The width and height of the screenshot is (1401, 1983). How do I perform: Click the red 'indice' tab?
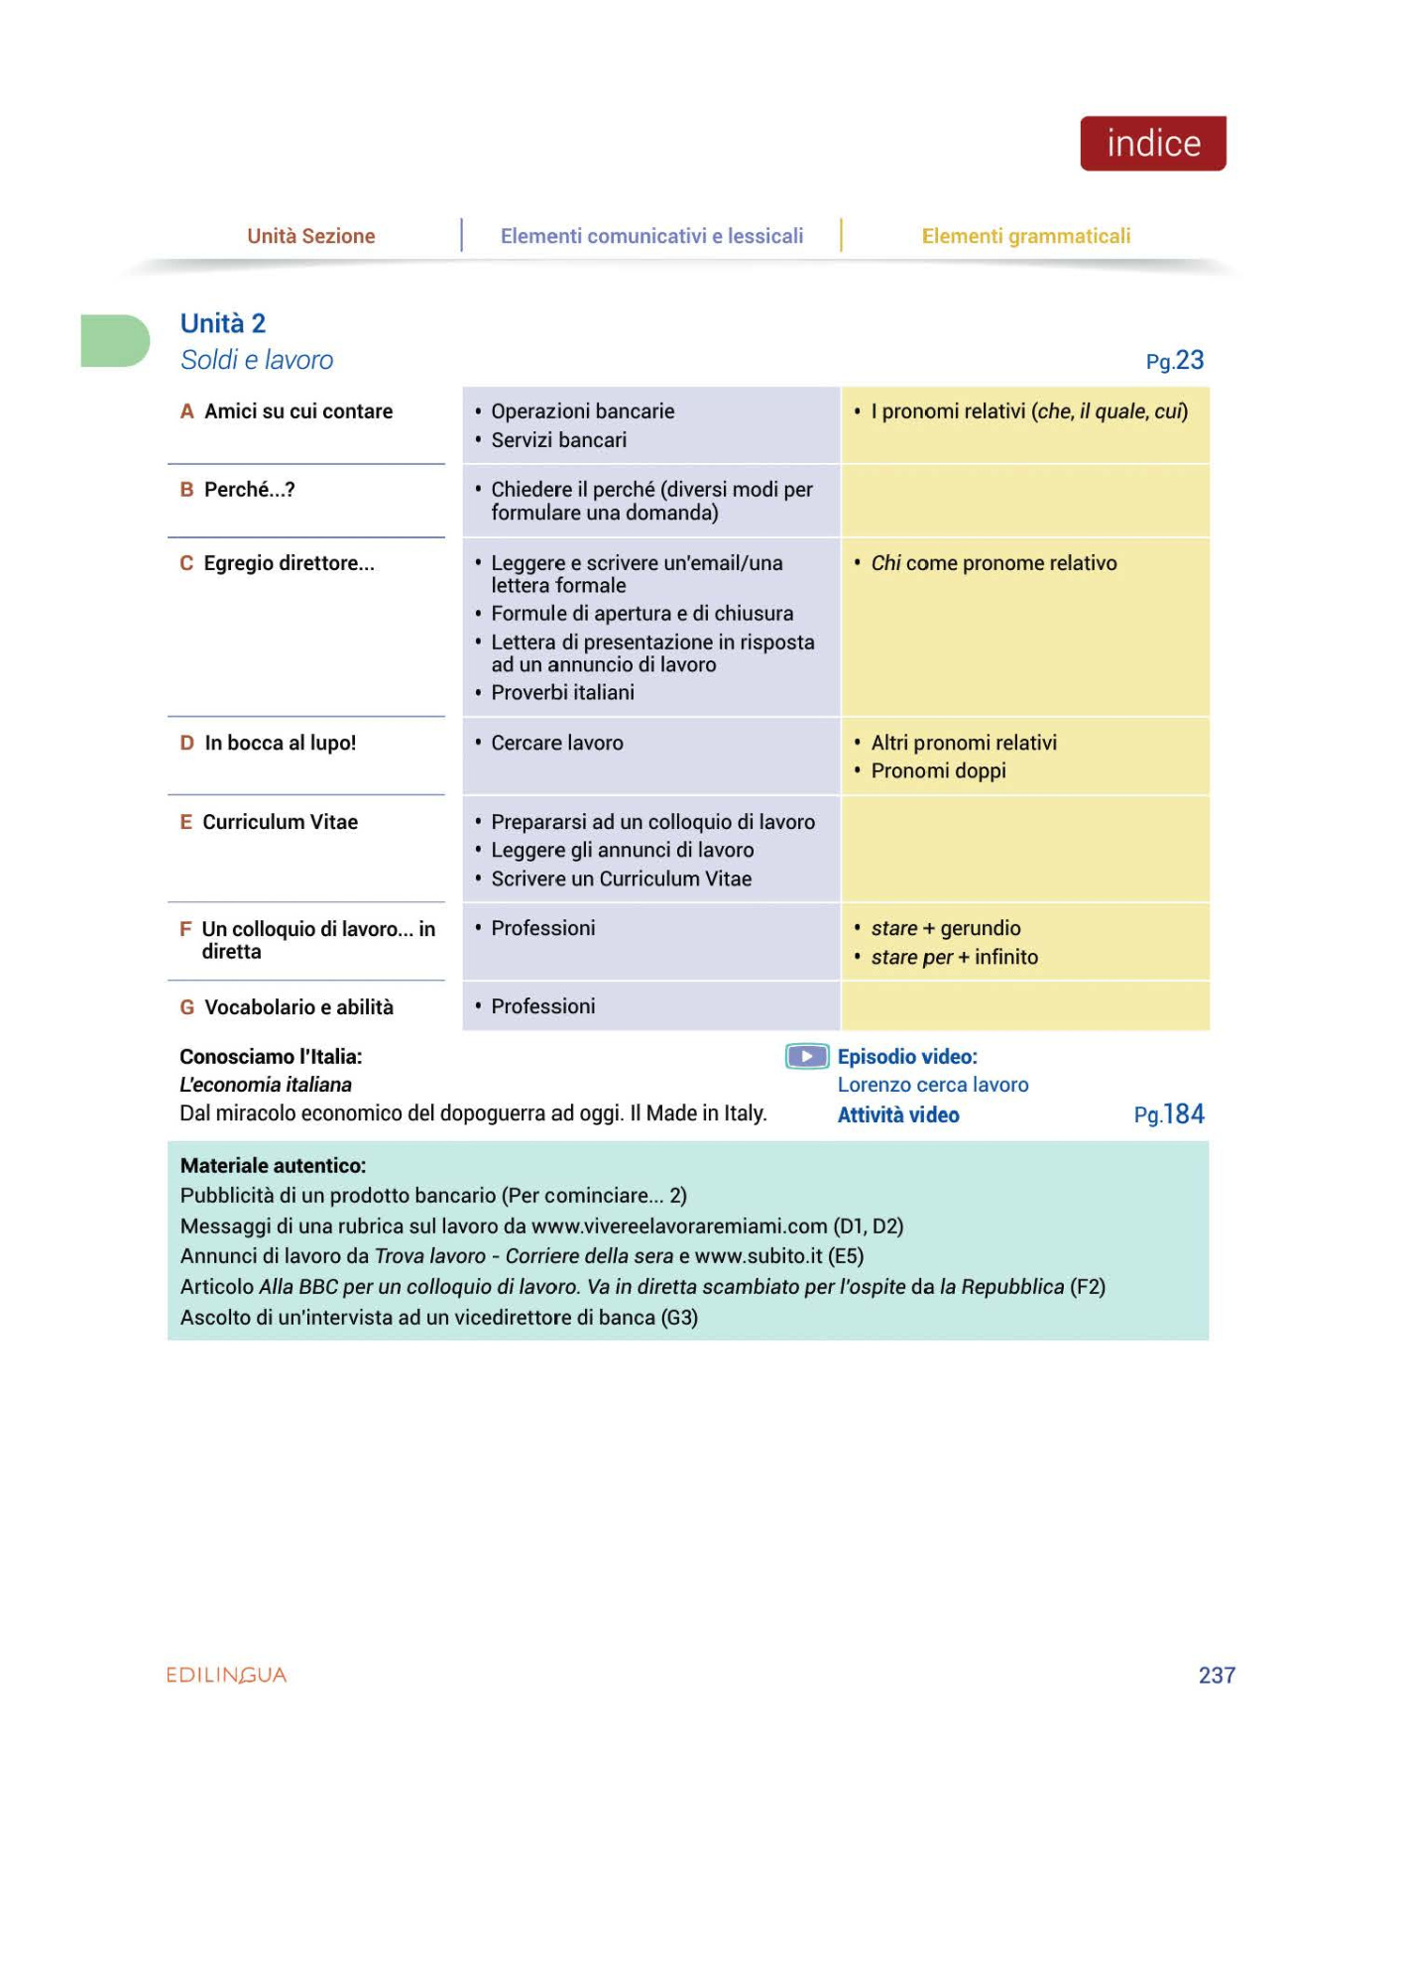[1152, 144]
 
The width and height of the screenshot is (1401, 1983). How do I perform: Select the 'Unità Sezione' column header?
[310, 236]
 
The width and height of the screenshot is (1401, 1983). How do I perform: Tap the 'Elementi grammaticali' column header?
[1025, 236]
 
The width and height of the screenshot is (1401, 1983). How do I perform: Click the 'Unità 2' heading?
[223, 323]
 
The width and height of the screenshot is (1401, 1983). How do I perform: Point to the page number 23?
[1188, 360]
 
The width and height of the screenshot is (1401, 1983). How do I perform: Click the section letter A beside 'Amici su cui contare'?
[186, 411]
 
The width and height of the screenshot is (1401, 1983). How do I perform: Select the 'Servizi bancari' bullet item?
[558, 440]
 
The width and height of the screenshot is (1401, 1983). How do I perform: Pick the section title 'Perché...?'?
[249, 490]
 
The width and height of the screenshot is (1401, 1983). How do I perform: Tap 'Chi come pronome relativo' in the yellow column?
[992, 563]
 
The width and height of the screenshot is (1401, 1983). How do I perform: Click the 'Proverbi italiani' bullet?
[562, 692]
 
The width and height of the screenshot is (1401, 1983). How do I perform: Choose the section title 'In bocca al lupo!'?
[280, 743]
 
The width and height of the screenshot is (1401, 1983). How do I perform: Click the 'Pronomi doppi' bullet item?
[938, 770]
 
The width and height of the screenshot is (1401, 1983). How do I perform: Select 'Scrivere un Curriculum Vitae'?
[621, 878]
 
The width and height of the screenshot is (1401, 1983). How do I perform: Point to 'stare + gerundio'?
[945, 928]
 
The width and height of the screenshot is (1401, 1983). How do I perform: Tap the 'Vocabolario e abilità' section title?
[298, 1007]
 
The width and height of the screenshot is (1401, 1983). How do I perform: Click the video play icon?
[806, 1057]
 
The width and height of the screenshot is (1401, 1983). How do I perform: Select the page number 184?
[1183, 1114]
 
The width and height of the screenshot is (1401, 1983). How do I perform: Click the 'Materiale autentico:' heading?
[273, 1166]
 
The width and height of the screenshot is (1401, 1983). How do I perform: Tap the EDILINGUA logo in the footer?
[226, 1675]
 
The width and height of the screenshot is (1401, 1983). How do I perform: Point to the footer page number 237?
[1217, 1675]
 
